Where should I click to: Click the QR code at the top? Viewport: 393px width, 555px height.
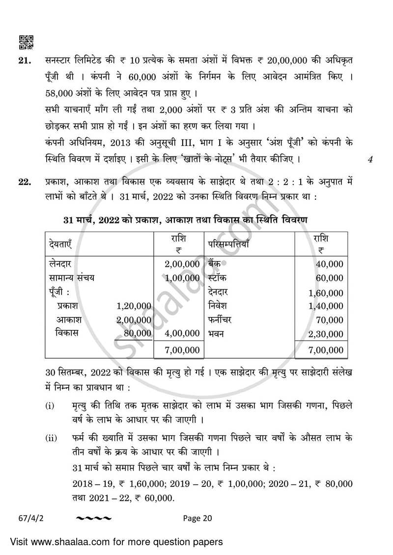coord(26,43)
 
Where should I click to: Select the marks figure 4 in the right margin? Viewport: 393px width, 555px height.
coord(370,159)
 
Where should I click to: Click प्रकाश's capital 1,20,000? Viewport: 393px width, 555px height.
coord(133,306)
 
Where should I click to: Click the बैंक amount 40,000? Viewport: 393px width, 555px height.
coord(329,264)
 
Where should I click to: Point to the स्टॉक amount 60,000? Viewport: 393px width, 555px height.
coord(329,278)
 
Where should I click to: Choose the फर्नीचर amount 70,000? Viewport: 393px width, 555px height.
coord(329,320)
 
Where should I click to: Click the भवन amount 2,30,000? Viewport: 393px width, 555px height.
coord(326,334)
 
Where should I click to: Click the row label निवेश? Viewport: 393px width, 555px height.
coord(217,306)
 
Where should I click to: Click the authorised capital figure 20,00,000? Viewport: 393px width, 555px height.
coord(290,61)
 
